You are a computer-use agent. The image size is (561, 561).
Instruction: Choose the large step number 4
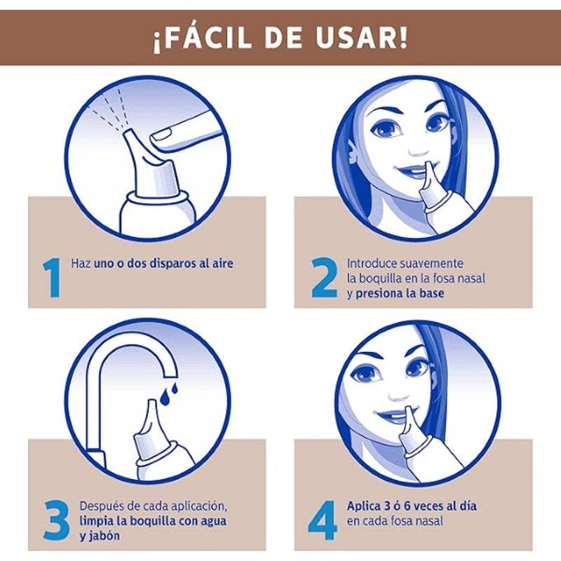coord(323,516)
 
